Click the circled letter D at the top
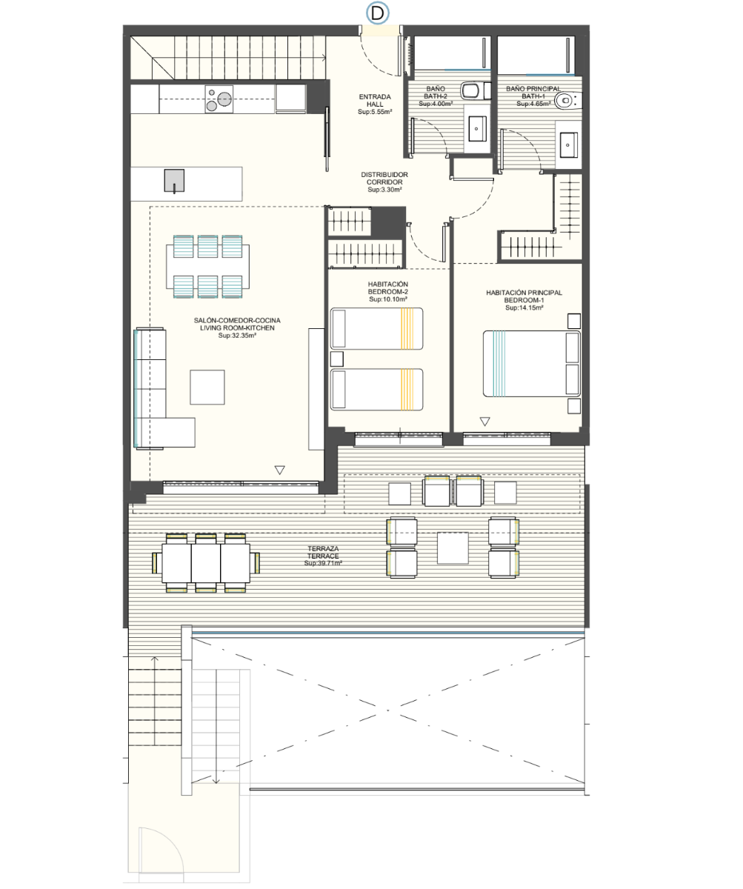[377, 13]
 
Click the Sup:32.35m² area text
[237, 336]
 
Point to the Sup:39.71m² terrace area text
[323, 563]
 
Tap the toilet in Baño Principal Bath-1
[567, 101]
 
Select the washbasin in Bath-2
[477, 128]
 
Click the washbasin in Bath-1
[568, 144]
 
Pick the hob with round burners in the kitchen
[219, 99]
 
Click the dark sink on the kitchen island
[175, 181]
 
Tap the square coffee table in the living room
[207, 387]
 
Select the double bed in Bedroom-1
[531, 364]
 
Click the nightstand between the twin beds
[337, 359]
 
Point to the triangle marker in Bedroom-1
[485, 422]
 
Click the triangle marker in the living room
[280, 470]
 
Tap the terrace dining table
[206, 563]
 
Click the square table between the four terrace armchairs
[453, 547]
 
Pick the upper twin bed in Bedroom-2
[377, 329]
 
